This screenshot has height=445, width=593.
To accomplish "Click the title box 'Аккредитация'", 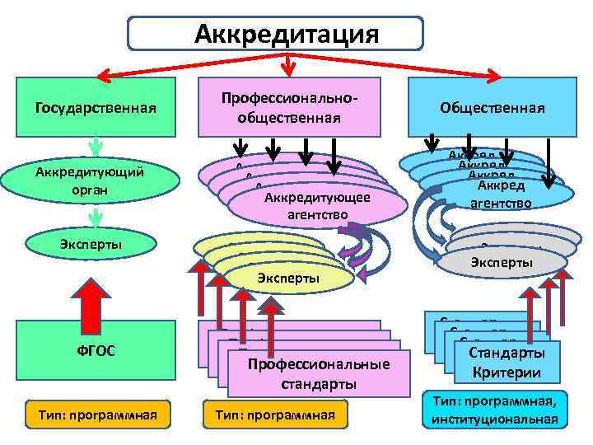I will [x=275, y=35].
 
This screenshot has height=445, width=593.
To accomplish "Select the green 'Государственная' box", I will [x=96, y=107].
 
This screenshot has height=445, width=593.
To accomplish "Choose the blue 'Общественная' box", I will [x=493, y=107].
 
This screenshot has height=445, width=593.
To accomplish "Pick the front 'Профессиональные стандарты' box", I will [x=317, y=373].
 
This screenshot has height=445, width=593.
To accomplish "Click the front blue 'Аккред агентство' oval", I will [x=502, y=194].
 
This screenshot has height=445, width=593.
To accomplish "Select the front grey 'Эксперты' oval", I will [x=502, y=263].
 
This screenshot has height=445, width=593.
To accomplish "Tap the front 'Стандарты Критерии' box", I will [x=507, y=363].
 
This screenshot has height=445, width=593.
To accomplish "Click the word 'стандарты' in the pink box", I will [x=317, y=384].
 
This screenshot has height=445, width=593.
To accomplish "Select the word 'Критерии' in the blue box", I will [x=507, y=372].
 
